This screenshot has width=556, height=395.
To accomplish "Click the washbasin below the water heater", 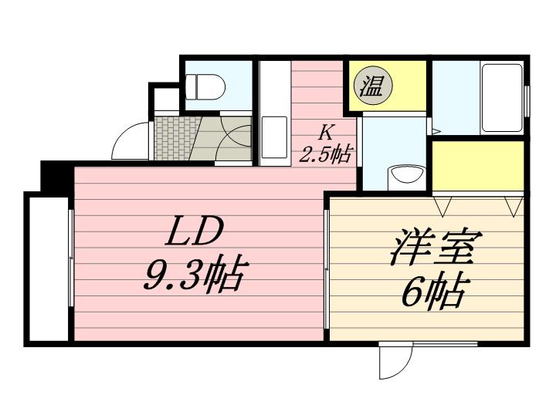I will pyautogui.click(x=404, y=174).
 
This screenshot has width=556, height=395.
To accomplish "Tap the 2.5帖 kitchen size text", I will pyautogui.click(x=325, y=155).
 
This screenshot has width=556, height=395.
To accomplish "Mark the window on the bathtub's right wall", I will pyautogui.click(x=527, y=100).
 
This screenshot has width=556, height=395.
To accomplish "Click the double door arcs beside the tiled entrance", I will pyautogui.click(x=232, y=138).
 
